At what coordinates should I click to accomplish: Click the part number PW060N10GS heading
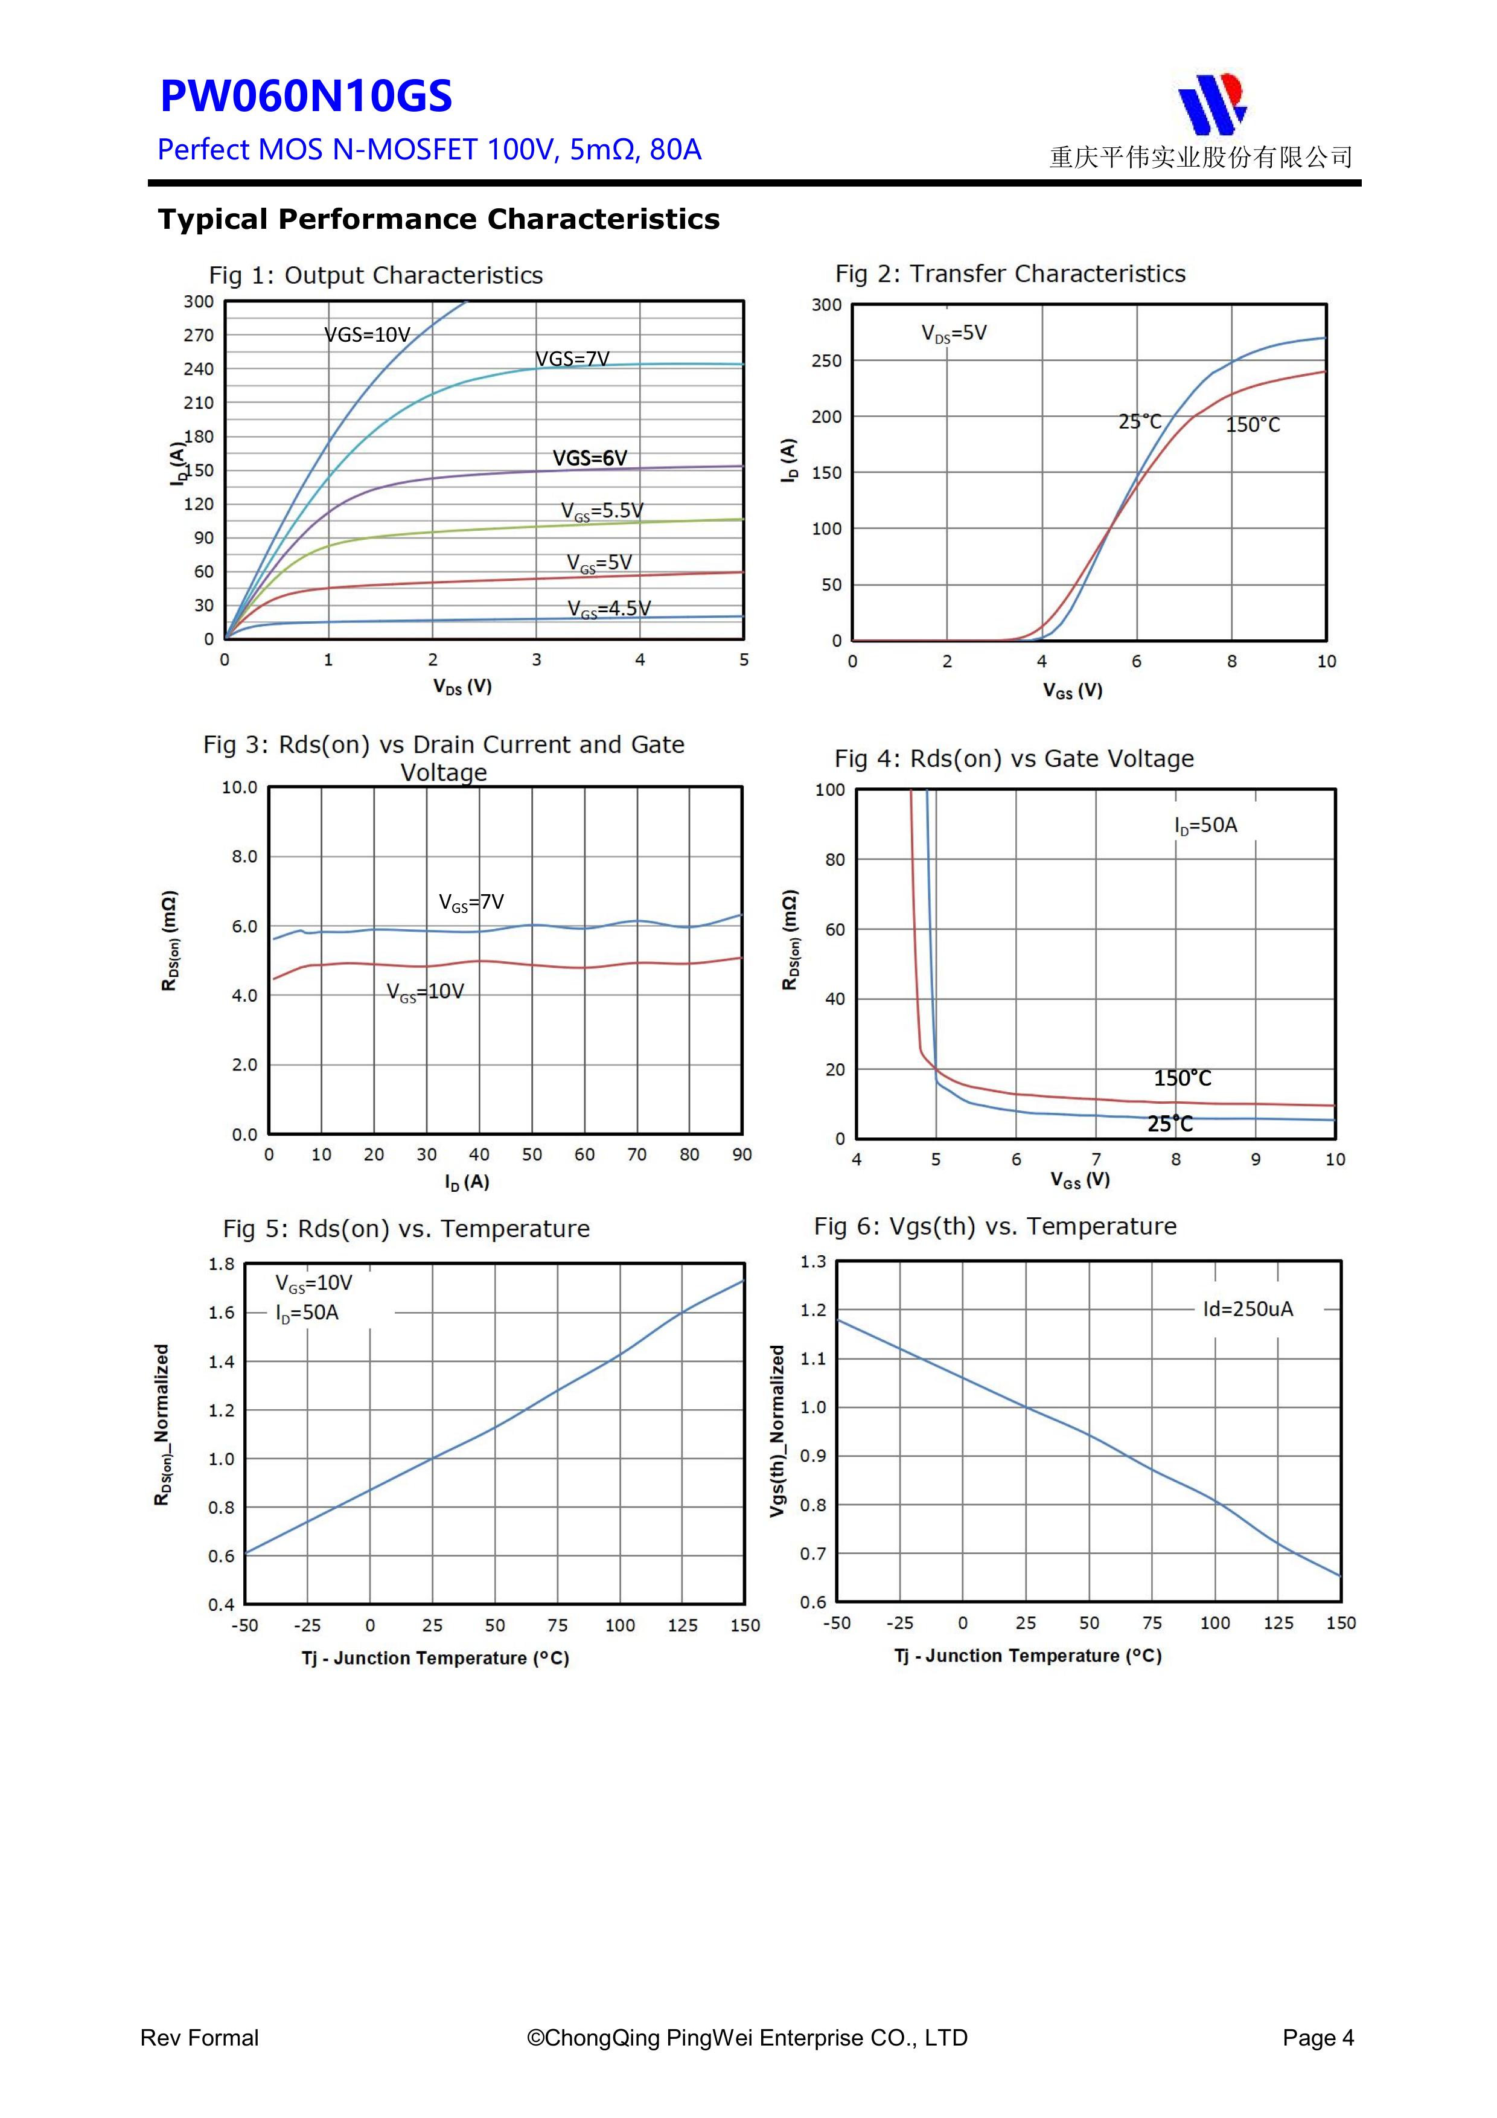coord(305,97)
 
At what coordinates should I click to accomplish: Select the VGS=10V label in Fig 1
coord(366,335)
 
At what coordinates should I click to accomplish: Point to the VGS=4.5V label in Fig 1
coord(609,609)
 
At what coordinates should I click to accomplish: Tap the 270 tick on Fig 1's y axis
coord(199,335)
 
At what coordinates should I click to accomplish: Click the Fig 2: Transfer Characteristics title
coord(1010,274)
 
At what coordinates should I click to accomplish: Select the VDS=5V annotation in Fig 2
coord(954,333)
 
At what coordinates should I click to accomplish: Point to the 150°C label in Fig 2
coord(1253,425)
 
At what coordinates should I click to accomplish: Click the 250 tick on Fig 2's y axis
coord(826,360)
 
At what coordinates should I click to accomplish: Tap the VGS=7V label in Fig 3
coord(471,902)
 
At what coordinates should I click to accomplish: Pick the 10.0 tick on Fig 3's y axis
coord(239,788)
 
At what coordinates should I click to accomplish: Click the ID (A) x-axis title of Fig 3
coord(467,1182)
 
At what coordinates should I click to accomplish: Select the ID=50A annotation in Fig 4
coord(1205,825)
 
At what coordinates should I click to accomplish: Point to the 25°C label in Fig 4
coord(1170,1124)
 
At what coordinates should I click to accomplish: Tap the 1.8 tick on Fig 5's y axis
coord(222,1264)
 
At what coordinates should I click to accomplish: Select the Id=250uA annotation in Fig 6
coord(1248,1309)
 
